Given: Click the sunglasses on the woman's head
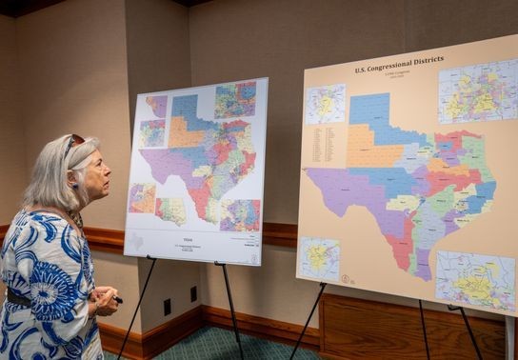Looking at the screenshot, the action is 73,143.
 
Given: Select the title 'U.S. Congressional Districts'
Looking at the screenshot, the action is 399,65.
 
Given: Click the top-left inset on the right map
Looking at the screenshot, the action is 325,104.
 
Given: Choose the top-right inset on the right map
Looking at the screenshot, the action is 477,91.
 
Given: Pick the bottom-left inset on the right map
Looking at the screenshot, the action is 319,257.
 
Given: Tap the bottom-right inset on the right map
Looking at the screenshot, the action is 474,281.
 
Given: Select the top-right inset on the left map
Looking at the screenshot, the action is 235,100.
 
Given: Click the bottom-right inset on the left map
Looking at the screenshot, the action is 240,215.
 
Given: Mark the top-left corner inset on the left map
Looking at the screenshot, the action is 156,106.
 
